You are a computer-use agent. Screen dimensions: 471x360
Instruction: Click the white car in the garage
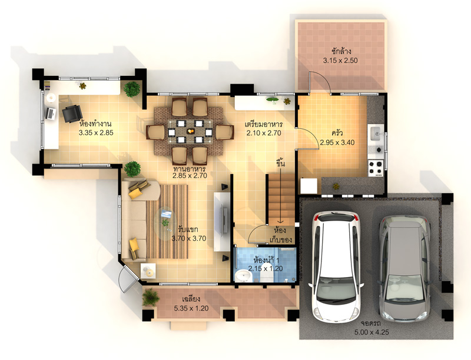[336, 266]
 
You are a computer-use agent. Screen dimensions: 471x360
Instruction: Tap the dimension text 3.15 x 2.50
[340, 61]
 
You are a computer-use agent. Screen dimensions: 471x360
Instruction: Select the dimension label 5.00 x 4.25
[372, 332]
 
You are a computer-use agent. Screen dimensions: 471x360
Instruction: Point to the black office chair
[72, 114]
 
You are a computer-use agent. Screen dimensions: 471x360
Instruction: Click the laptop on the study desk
[51, 114]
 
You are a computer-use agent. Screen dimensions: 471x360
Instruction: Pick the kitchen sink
[376, 133]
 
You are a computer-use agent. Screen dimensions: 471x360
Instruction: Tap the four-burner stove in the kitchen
[376, 168]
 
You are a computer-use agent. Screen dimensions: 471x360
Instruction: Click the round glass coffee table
[166, 222]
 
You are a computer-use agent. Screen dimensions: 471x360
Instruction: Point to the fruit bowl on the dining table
[190, 131]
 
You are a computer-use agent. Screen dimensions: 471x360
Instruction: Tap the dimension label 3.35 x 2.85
[96, 132]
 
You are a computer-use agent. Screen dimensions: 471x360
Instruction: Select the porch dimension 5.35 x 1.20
[191, 308]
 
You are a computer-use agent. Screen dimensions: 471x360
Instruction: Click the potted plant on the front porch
[151, 297]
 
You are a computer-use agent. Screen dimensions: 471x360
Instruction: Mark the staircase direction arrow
[281, 195]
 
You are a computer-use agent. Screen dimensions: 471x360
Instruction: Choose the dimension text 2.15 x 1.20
[266, 268]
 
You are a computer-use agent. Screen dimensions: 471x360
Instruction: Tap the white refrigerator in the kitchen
[309, 186]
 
